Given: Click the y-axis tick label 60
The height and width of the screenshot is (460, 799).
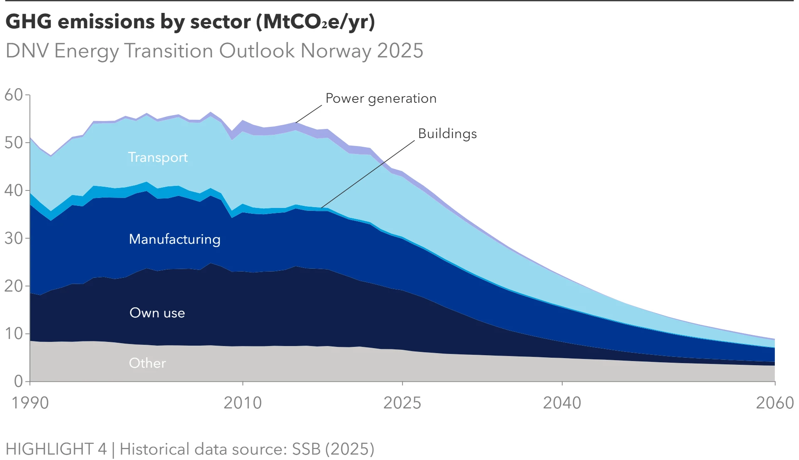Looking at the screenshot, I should click(13, 95).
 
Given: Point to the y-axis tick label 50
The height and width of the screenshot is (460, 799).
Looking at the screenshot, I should click(13, 143).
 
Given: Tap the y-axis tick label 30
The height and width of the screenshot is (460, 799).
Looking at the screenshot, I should click(13, 238).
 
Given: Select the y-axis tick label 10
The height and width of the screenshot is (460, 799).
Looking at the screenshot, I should click(13, 334).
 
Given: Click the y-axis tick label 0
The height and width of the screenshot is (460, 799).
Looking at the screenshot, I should click(18, 381).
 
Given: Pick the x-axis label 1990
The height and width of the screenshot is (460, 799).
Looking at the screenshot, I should click(30, 403).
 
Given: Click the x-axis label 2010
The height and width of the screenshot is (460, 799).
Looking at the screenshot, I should click(243, 403).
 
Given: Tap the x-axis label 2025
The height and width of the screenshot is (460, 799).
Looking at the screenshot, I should click(402, 403).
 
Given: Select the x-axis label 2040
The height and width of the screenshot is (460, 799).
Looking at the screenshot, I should click(562, 403).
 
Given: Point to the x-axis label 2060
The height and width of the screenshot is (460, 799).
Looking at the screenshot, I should click(774, 403).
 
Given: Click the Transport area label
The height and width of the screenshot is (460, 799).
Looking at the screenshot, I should click(158, 157).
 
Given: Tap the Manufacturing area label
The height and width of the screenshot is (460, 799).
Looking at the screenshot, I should click(175, 239).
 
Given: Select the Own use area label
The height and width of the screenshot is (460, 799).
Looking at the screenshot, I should click(157, 313).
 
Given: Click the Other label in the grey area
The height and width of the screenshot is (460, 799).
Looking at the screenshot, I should click(147, 363).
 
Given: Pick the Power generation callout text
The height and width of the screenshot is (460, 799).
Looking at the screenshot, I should click(381, 99).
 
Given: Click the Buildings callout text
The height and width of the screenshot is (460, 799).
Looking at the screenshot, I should click(447, 134).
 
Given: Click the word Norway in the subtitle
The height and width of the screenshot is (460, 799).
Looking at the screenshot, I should click(336, 51).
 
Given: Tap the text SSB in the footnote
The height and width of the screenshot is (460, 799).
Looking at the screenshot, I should click(306, 449).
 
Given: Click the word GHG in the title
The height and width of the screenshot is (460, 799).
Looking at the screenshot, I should click(29, 22).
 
